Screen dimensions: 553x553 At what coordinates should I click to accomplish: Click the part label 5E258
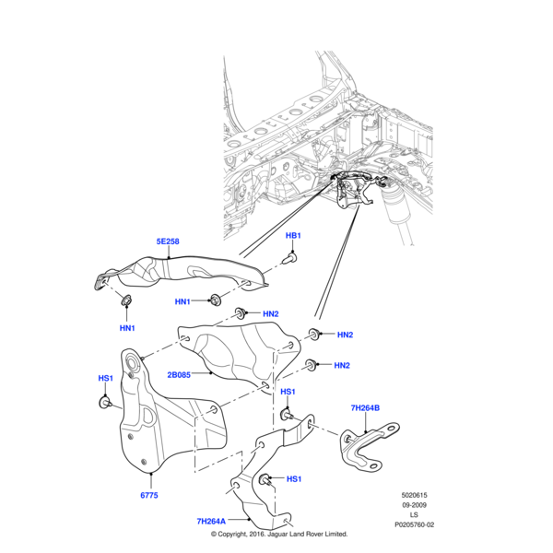pos(167,241)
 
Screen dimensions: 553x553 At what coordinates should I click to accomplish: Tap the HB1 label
pos(293,236)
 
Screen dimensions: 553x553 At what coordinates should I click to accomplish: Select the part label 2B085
pos(180,375)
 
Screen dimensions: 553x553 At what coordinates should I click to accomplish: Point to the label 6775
pos(149,495)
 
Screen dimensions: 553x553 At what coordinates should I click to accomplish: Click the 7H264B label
pos(365,407)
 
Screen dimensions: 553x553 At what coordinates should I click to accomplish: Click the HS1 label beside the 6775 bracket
pos(105,378)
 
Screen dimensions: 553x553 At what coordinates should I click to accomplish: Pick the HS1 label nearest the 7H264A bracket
pos(294,479)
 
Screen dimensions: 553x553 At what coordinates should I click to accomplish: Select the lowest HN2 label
pos(341,366)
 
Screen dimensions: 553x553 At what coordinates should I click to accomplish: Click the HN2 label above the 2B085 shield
pos(270,314)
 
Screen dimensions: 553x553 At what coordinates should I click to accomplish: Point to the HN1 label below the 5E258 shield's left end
pos(126,328)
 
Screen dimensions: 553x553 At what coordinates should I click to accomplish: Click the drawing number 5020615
pos(414,495)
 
